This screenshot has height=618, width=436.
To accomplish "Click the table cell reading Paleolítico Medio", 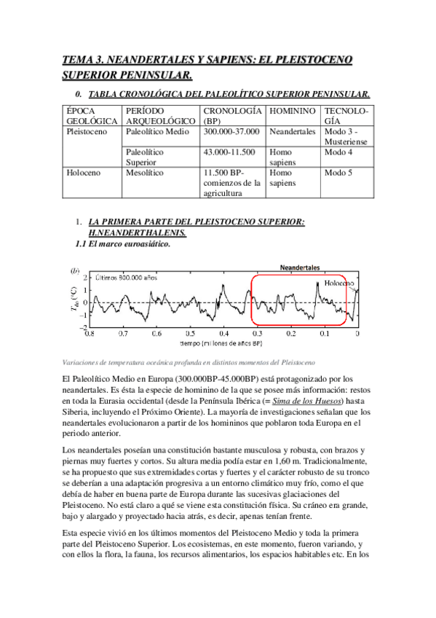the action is (156, 132).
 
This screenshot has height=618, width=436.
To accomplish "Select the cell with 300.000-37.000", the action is (231, 132).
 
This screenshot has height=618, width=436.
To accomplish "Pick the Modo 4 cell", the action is (338, 152).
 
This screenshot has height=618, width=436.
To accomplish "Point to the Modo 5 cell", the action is (338, 173).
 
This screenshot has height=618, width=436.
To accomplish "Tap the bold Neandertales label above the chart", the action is (300, 267).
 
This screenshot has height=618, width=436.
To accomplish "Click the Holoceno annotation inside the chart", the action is (339, 283).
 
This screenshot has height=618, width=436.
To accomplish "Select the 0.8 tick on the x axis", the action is (90, 334).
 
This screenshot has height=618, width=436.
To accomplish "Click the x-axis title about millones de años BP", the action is (223, 342).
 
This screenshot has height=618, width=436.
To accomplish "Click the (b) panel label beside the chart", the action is (74, 270).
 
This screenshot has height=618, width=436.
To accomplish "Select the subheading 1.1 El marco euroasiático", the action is (123, 244).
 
